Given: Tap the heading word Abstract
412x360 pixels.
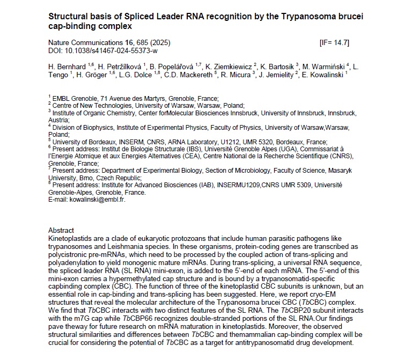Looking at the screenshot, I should coord(61,230).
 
